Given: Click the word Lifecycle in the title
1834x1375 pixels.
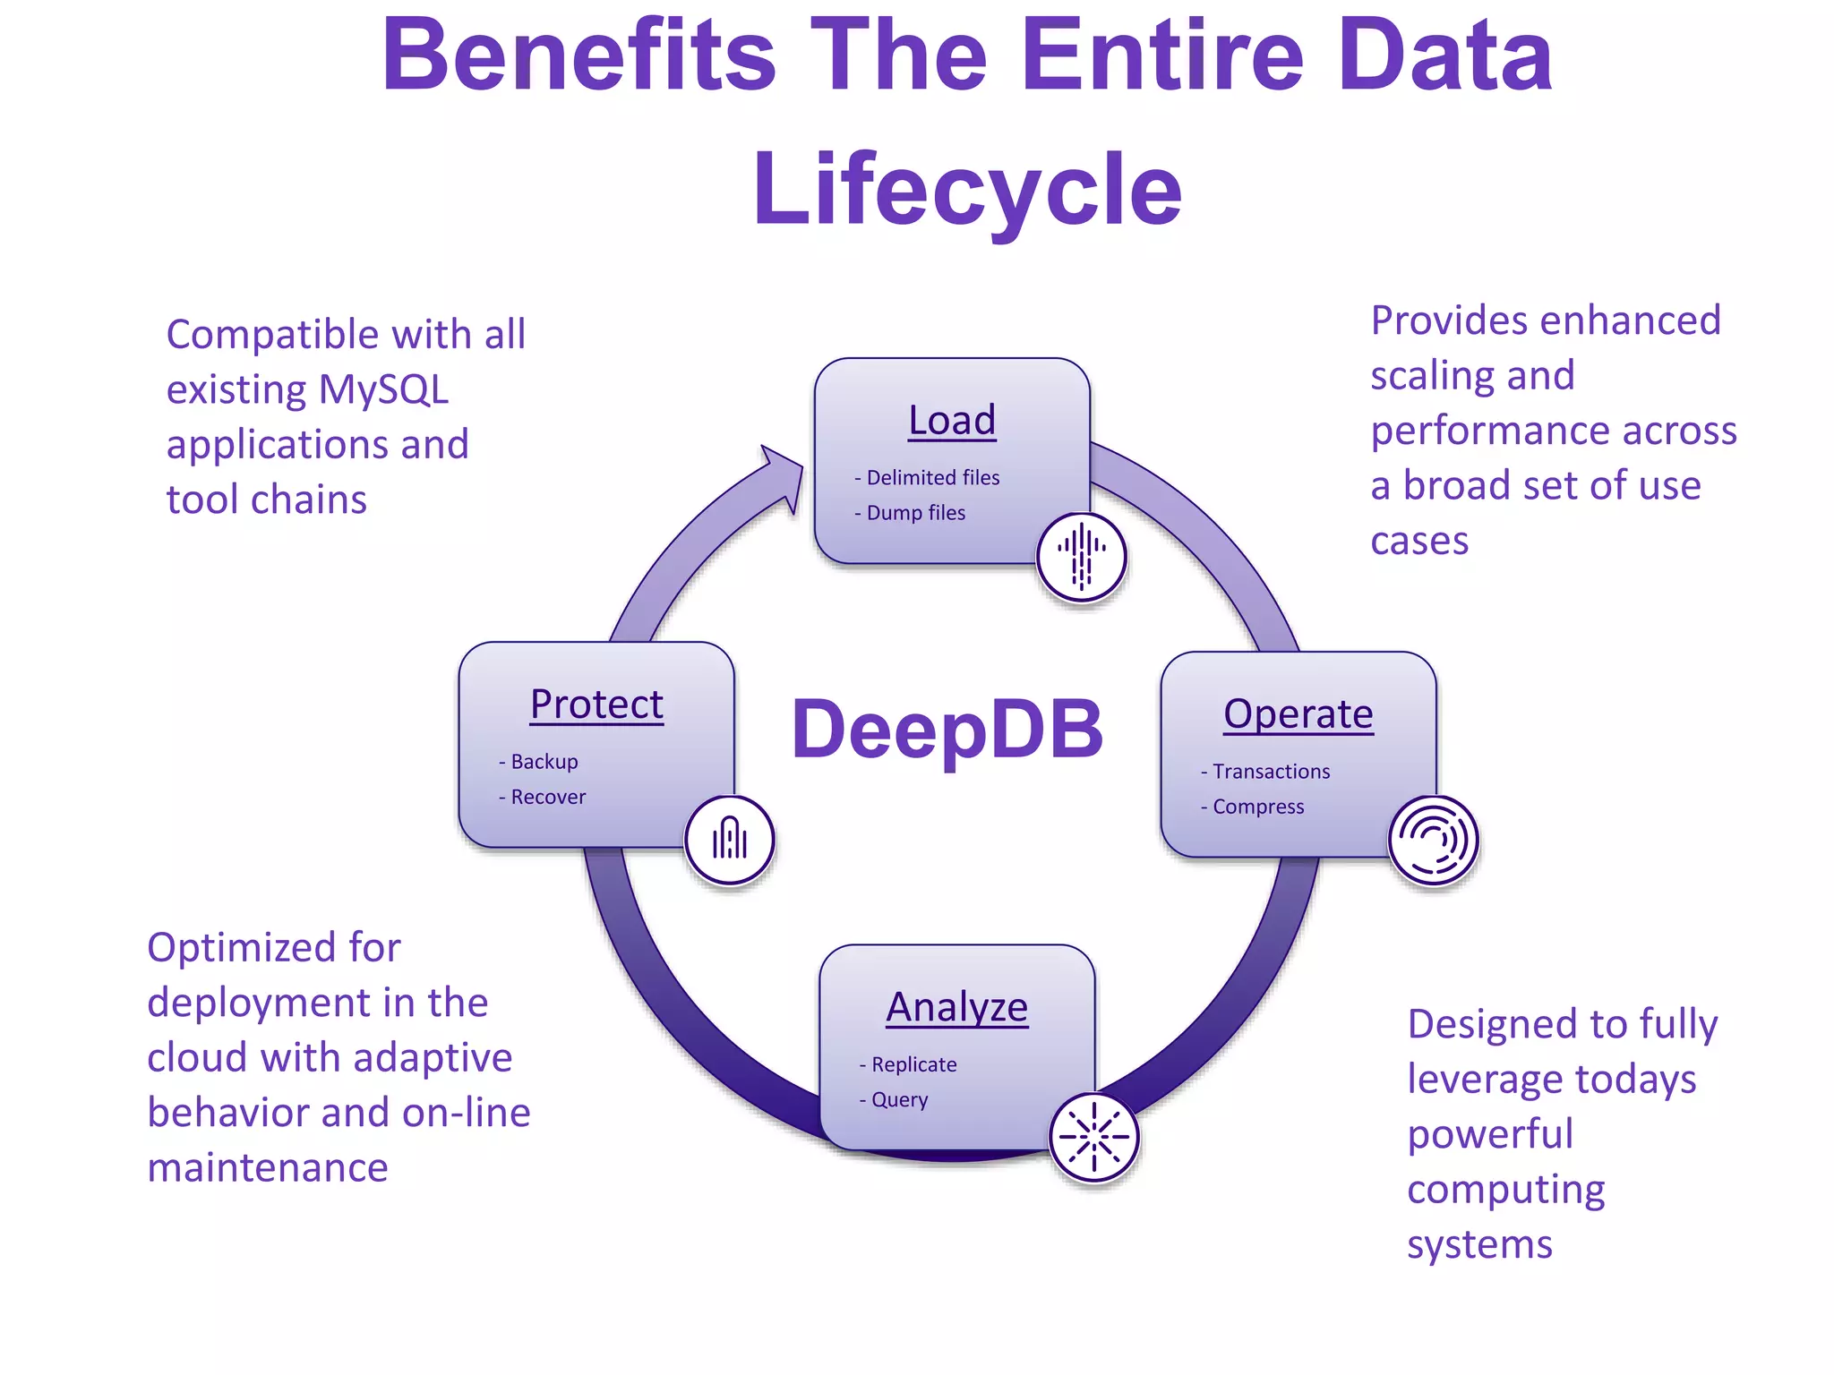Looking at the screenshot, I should click(x=967, y=190).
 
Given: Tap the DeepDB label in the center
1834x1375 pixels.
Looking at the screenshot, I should click(x=947, y=729).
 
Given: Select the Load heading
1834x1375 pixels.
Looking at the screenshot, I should click(x=952, y=420).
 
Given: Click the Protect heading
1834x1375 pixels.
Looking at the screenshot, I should click(x=596, y=704).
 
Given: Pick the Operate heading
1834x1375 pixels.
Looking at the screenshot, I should click(x=1298, y=713).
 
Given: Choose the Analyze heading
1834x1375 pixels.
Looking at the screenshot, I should click(x=956, y=1007).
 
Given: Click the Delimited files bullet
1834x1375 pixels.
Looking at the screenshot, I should click(x=931, y=478).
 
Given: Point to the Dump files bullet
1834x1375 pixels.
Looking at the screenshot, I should click(x=914, y=513).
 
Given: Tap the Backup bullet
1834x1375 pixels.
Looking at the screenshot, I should click(x=543, y=762).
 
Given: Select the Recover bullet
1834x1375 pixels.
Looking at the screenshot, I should click(x=546, y=797).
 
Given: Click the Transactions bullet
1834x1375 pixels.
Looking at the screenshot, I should click(x=1270, y=772).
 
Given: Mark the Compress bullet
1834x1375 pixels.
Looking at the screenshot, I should click(x=1256, y=807).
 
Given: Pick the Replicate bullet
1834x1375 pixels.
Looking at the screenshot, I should click(x=913, y=1064).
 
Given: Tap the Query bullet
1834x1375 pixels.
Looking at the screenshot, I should click(x=898, y=1099).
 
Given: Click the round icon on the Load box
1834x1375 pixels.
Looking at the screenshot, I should click(x=1081, y=557).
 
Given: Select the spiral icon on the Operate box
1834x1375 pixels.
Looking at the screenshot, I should click(x=1433, y=840).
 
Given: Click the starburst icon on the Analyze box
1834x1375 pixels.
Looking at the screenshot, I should click(x=1093, y=1137).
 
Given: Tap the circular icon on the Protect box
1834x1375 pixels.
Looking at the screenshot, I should click(x=730, y=840).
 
